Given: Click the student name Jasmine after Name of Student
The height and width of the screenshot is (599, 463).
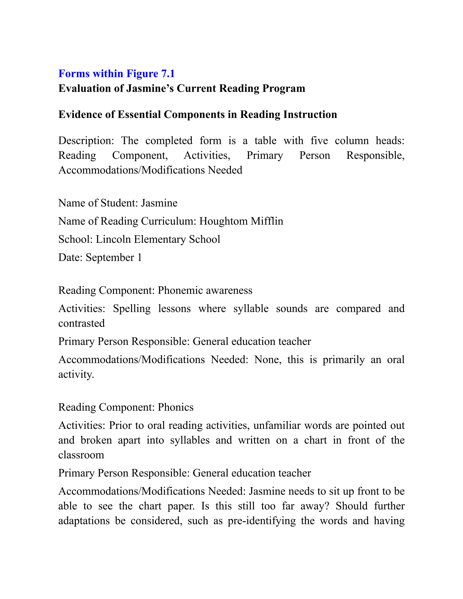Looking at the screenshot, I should click(x=159, y=203).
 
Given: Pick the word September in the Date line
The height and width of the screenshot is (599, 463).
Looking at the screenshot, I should click(x=110, y=257).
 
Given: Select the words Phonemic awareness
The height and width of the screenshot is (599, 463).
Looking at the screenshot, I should click(x=205, y=290).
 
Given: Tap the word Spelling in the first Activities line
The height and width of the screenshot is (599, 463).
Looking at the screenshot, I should click(x=132, y=309).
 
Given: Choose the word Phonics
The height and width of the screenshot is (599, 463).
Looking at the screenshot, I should click(x=175, y=407).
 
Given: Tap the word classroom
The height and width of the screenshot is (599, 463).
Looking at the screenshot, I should click(x=81, y=455).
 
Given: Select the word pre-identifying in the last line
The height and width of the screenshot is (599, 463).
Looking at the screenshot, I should click(x=261, y=521).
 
